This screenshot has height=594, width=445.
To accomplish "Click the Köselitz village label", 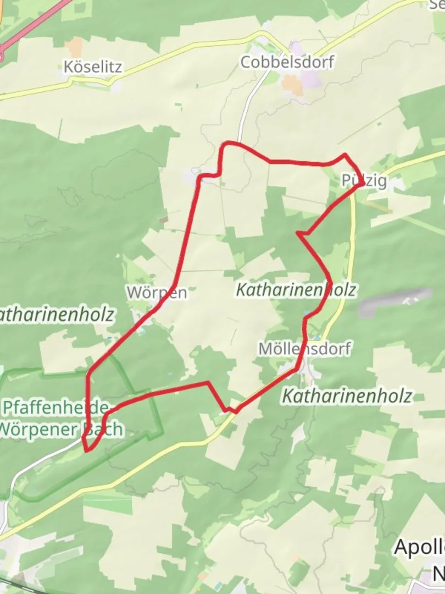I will (x=92, y=67).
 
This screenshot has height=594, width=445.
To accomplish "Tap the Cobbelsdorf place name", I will (x=287, y=62).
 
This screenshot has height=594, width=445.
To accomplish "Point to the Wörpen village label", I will (x=157, y=293).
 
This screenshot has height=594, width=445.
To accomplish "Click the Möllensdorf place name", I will (x=304, y=349).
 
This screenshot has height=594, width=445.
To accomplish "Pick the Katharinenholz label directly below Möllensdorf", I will (x=347, y=395).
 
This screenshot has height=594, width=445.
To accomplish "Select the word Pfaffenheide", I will (x=55, y=408).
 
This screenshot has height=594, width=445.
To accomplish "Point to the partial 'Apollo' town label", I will (x=419, y=547).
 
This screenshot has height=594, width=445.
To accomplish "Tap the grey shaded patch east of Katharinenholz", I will (x=394, y=301).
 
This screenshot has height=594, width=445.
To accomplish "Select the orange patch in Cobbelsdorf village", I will (x=292, y=86).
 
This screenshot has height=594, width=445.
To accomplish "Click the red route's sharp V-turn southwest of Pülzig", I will (x=298, y=234).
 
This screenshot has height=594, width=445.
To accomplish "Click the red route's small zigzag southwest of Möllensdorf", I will (x=231, y=410).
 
